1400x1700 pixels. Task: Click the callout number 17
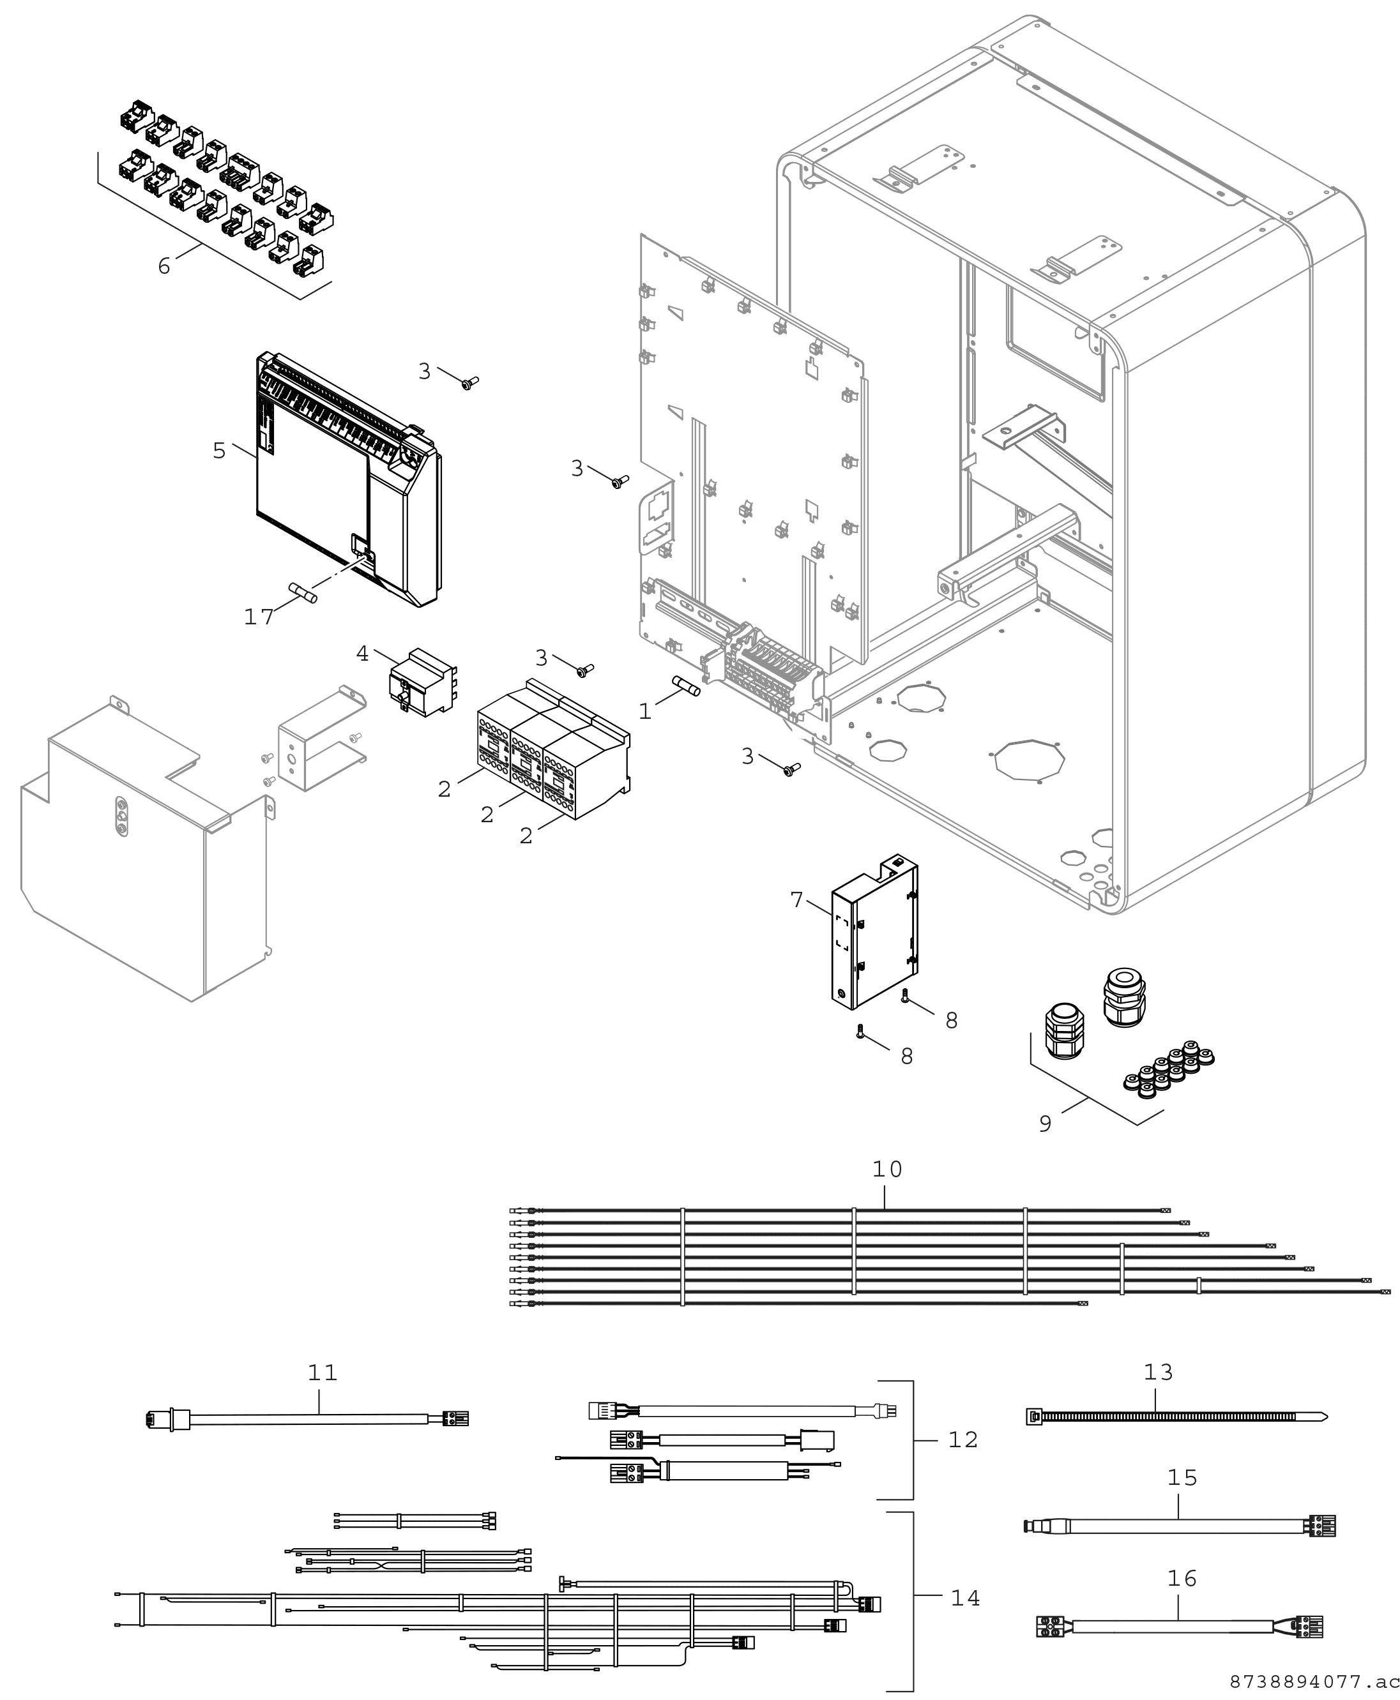tap(259, 617)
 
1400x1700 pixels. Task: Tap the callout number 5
tap(219, 451)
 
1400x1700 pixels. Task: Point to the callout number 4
tap(362, 654)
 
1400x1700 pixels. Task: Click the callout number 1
tap(644, 711)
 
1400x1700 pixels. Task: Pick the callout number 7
tap(797, 899)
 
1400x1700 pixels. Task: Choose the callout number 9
tap(1045, 1123)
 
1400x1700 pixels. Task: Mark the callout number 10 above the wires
tap(887, 1169)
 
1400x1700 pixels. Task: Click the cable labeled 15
tap(1178, 1526)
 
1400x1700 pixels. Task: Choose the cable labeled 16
tap(1178, 1627)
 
